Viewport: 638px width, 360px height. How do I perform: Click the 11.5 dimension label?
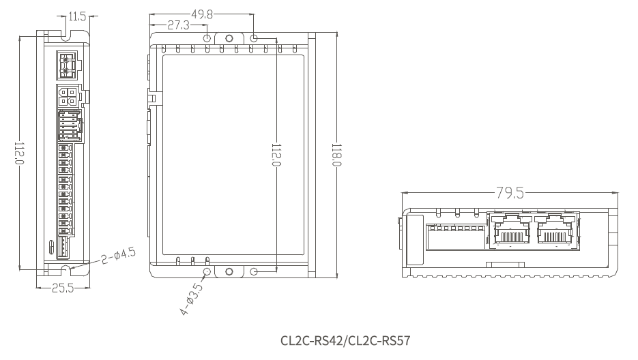click(77, 16)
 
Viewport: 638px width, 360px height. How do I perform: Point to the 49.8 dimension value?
click(202, 14)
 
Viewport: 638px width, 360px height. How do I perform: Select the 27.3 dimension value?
click(179, 25)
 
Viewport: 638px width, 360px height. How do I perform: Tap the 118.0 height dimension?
click(336, 155)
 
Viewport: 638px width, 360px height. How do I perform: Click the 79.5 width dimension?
click(510, 192)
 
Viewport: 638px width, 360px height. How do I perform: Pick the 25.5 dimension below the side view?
click(63, 288)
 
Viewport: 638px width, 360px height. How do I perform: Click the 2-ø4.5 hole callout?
click(119, 256)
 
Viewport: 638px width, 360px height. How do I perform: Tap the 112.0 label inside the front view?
click(276, 155)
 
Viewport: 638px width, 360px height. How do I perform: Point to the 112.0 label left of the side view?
click(20, 153)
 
